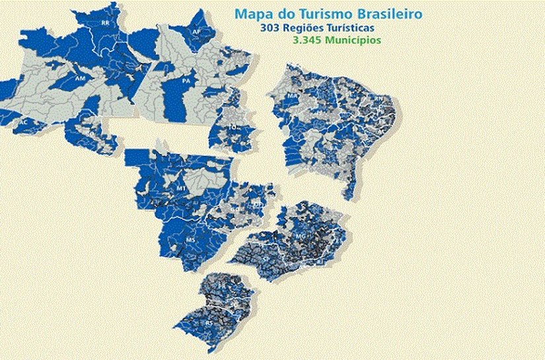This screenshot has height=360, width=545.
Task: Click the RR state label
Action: click(105, 23)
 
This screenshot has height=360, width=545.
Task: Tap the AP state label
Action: click(196, 31)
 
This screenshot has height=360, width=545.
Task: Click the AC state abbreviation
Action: click(24, 123)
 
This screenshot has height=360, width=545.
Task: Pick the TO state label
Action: click(233, 126)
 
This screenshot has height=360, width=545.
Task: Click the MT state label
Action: click(180, 188)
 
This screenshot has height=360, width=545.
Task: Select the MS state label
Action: click(191, 238)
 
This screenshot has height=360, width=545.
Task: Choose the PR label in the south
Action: click(221, 287)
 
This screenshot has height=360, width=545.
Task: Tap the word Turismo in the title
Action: click(320, 13)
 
